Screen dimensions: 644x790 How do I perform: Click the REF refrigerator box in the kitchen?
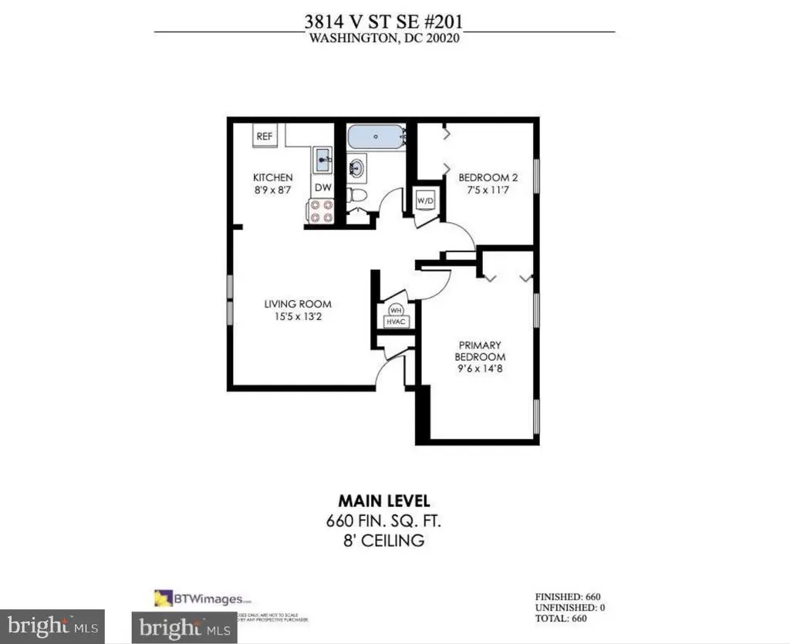265,137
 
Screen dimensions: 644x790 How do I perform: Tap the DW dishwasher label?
322,187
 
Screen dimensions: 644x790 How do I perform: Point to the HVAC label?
397,322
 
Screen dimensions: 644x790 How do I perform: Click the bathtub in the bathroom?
376,138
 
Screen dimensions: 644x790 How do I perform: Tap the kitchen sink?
322,161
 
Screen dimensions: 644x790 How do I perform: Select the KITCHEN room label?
273,178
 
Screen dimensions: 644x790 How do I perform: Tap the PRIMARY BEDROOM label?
479,351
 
